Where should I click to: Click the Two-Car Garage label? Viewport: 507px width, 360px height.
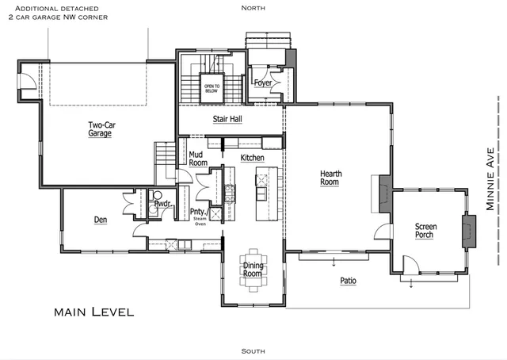click(x=99, y=129)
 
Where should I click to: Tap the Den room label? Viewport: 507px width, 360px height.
click(x=101, y=220)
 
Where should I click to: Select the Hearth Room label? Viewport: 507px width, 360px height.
click(x=330, y=178)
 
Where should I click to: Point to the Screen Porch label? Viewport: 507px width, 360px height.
click(x=426, y=231)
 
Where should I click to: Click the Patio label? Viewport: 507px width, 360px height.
click(x=348, y=281)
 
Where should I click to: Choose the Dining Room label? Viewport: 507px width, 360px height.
click(x=252, y=270)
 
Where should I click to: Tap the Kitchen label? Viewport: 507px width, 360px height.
click(x=252, y=159)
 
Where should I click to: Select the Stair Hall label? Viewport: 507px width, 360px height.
click(x=227, y=120)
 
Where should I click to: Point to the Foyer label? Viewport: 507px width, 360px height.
click(x=263, y=82)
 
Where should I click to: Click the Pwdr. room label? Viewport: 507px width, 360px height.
click(x=162, y=204)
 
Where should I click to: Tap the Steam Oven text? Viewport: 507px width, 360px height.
click(x=200, y=223)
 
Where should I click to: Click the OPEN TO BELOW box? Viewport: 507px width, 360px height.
click(x=212, y=88)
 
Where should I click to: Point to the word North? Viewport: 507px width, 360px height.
click(x=253, y=7)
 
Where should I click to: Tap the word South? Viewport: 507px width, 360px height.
click(x=253, y=350)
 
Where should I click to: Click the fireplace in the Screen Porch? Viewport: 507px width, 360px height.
click(x=466, y=230)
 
